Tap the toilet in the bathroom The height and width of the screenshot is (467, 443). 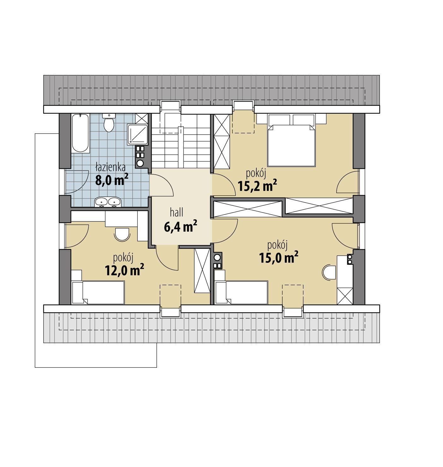pos(109,124)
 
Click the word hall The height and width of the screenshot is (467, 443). pos(177,213)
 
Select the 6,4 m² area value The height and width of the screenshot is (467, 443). pos(180,226)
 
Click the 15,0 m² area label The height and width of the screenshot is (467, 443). pos(278,257)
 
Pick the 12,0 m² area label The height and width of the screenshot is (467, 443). pos(124,270)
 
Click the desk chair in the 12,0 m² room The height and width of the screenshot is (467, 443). pos(122,234)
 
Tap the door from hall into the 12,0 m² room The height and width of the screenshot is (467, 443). pos(167,258)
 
